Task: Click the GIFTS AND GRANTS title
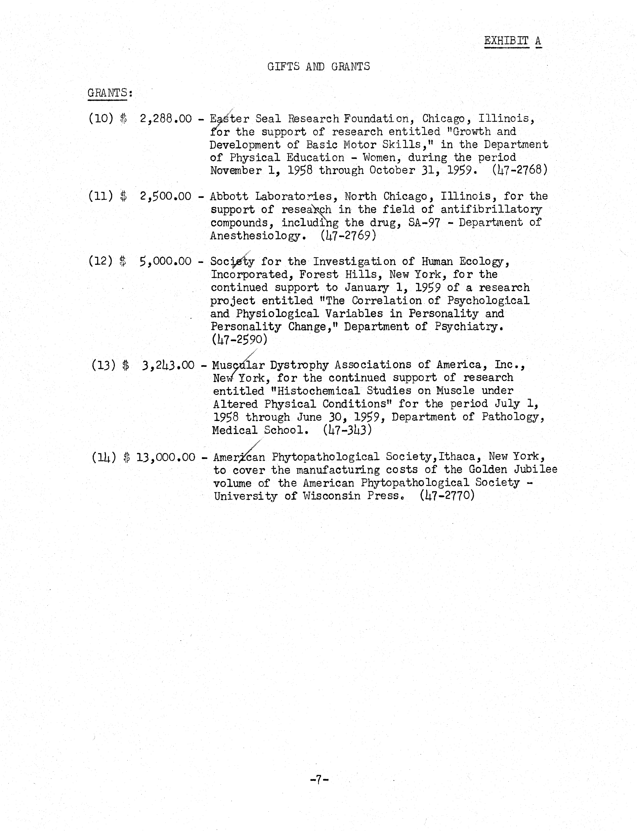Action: click(x=319, y=67)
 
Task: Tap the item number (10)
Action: click(x=101, y=119)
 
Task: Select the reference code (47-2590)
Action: click(x=239, y=339)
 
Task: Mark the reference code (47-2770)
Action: click(x=447, y=496)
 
